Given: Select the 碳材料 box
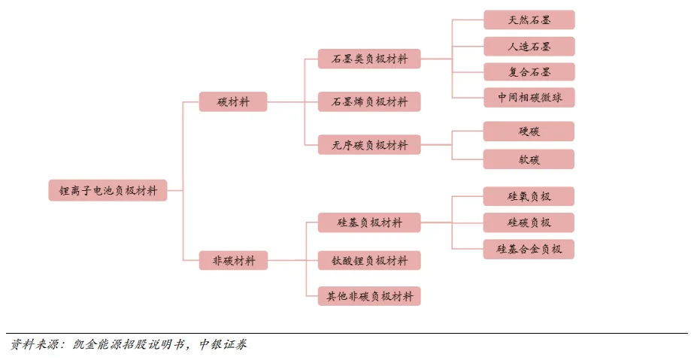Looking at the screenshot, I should tap(233, 102).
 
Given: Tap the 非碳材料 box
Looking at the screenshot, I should tap(233, 261).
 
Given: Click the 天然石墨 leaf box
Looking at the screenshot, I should tap(529, 20).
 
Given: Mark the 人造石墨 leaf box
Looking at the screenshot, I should tap(529, 46).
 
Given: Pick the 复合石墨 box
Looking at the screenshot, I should tap(529, 72).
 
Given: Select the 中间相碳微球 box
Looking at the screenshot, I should tap(529, 98).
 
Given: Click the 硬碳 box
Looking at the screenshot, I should tap(529, 132).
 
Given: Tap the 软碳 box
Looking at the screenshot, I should tap(529, 159).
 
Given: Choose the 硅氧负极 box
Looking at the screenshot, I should tap(529, 197).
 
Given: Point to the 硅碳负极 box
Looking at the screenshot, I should tap(529, 222).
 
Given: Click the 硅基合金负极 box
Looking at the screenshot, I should tap(529, 249).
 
